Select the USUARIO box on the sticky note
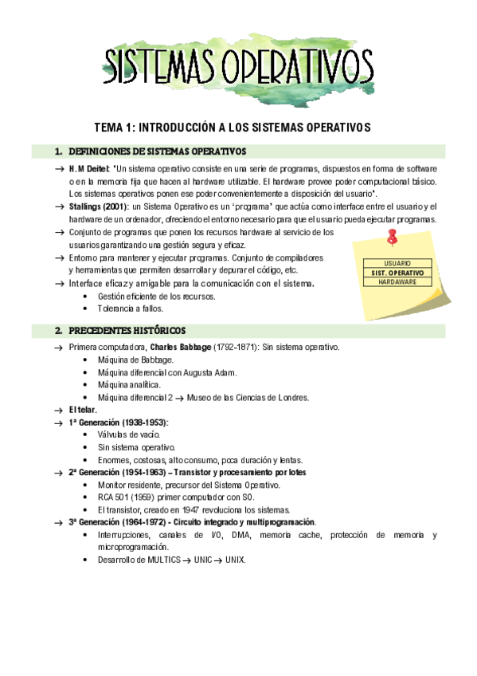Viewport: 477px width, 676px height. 397,263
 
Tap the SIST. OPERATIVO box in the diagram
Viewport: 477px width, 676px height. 397,273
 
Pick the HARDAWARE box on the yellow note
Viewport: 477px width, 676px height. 397,282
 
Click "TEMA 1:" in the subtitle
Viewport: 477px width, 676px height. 115,128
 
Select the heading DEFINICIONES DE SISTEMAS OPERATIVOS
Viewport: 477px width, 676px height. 158,151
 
